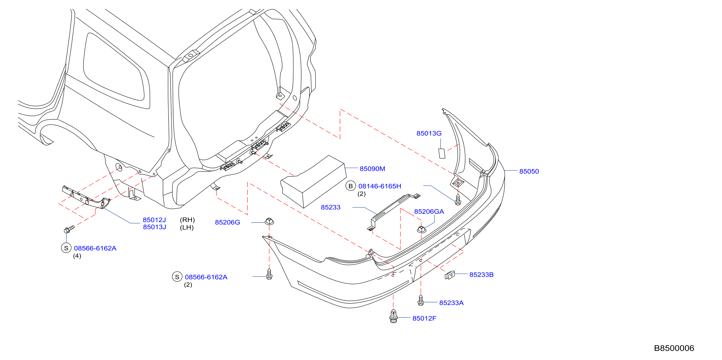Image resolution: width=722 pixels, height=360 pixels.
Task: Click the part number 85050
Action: click(x=529, y=171)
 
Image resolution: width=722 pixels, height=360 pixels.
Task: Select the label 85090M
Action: click(x=372, y=169)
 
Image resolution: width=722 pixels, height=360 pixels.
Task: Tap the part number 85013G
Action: click(x=429, y=133)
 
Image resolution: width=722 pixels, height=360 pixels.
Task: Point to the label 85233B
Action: click(x=481, y=275)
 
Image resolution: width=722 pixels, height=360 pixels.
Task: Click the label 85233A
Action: click(x=451, y=303)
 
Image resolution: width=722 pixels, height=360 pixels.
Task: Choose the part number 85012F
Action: click(x=424, y=319)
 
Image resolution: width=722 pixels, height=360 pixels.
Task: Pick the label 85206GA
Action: click(x=429, y=212)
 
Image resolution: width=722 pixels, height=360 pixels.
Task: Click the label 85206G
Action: click(x=227, y=222)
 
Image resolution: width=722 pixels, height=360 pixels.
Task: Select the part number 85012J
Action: click(x=154, y=220)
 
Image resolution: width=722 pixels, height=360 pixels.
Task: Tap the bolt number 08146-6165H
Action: click(x=380, y=186)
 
